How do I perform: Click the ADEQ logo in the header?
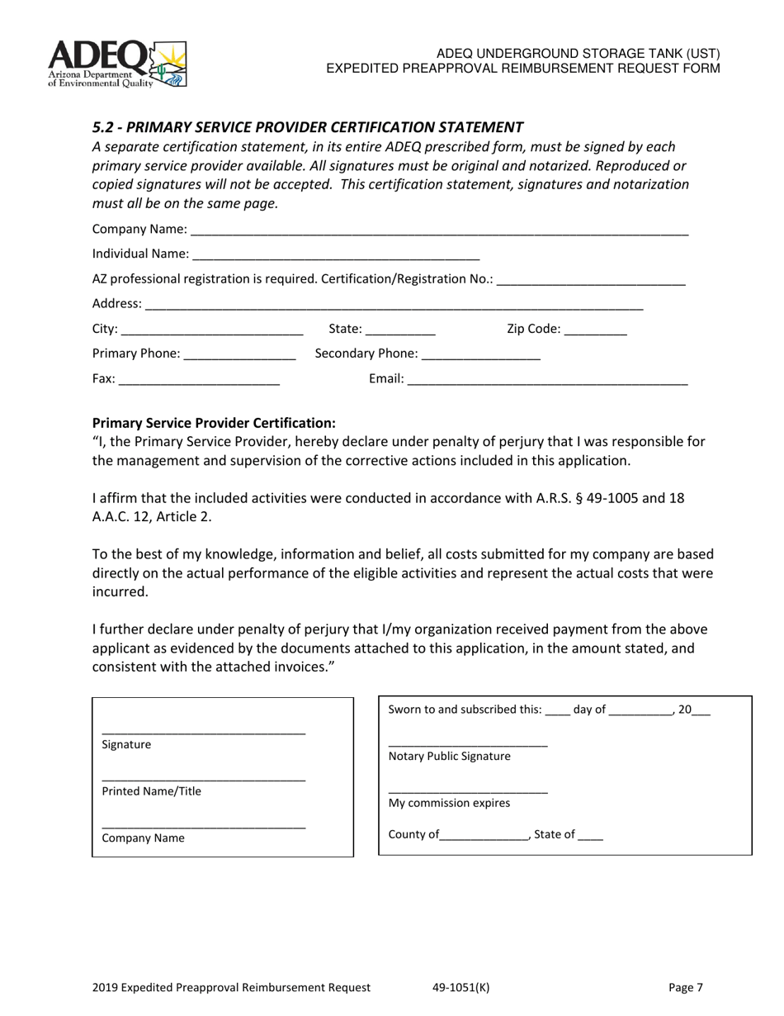117,64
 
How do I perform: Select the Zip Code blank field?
596,330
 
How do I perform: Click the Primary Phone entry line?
239,355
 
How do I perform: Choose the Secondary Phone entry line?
480,355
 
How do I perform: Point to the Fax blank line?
200,381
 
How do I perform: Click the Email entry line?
547,381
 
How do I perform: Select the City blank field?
212,330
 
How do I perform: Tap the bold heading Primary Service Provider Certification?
214,422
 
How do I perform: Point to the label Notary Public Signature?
449,756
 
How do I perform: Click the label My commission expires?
449,803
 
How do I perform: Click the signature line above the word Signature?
203,732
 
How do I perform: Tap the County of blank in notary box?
484,836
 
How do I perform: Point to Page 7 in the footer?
686,987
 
